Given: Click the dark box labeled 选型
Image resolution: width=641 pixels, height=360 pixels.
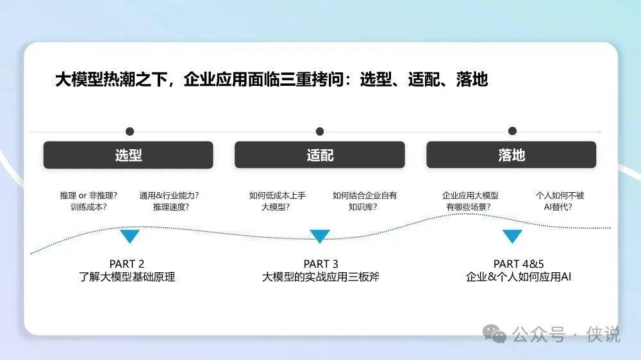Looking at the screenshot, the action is pyautogui.click(x=128, y=155).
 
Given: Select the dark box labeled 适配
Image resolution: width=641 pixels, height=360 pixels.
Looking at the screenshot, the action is pyautogui.click(x=320, y=155).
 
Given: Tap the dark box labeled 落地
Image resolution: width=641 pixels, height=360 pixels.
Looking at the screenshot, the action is pyautogui.click(x=512, y=155).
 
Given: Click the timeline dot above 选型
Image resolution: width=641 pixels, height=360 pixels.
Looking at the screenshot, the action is pyautogui.click(x=129, y=131).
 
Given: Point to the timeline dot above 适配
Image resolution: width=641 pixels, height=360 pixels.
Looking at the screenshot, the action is pyautogui.click(x=320, y=131).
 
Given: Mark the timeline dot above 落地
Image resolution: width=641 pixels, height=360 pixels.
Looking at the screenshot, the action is pyautogui.click(x=512, y=131).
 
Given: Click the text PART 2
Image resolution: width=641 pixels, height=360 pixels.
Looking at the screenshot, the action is pyautogui.click(x=127, y=264).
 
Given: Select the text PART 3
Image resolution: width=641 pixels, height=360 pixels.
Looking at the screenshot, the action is pyautogui.click(x=321, y=264).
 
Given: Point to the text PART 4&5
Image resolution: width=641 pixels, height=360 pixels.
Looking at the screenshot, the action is pyautogui.click(x=519, y=264).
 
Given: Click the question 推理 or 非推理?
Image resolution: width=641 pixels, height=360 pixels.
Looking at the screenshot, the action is pyautogui.click(x=88, y=196).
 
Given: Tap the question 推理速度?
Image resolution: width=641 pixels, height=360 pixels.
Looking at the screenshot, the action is pyautogui.click(x=171, y=207).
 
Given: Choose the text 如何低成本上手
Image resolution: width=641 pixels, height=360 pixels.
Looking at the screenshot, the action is pyautogui.click(x=278, y=196).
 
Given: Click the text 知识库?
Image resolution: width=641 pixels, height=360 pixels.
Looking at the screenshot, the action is pyautogui.click(x=363, y=207).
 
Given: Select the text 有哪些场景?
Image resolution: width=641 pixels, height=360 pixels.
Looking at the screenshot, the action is pyautogui.click(x=469, y=207).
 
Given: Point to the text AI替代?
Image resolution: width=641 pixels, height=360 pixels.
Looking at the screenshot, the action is pyautogui.click(x=558, y=207).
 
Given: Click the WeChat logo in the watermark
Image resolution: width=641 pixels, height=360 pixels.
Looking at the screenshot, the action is pyautogui.click(x=494, y=334).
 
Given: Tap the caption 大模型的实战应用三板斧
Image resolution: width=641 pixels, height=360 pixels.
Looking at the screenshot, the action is pyautogui.click(x=321, y=277).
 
